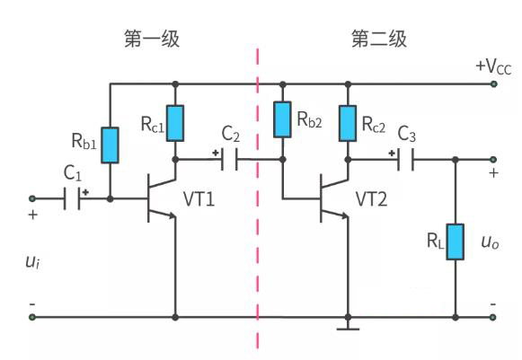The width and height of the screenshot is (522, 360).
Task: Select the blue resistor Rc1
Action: (x=174, y=123)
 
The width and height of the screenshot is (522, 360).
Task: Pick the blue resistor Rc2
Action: (x=347, y=123)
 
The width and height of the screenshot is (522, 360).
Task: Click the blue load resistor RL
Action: (x=456, y=241)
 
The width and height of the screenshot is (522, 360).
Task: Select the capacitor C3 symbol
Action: (x=407, y=160)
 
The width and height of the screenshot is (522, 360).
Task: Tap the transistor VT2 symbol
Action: (x=333, y=199)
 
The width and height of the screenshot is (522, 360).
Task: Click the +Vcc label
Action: (x=493, y=66)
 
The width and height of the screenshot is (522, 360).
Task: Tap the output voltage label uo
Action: (x=491, y=242)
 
